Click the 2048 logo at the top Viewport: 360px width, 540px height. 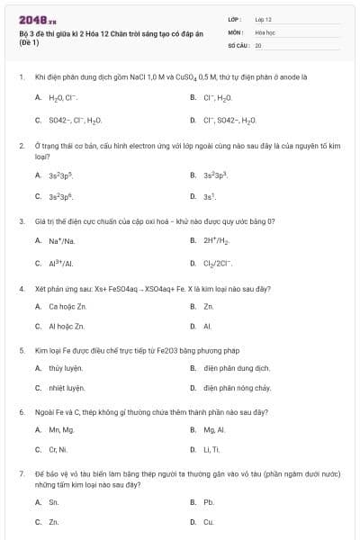39,19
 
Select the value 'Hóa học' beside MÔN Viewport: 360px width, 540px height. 265,31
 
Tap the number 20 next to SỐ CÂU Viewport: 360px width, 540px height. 258,44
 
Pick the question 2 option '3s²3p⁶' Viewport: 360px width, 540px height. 60,196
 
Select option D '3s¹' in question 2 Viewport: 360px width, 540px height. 210,196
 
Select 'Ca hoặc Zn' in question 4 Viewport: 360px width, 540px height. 67,307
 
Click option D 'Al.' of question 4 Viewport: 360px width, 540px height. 207,327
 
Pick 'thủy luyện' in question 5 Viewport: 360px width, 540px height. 66,368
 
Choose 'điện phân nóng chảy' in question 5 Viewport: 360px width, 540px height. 237,388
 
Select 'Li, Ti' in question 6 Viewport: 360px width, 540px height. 211,449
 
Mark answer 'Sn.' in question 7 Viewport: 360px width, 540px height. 54,501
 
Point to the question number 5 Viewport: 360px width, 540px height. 21,350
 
